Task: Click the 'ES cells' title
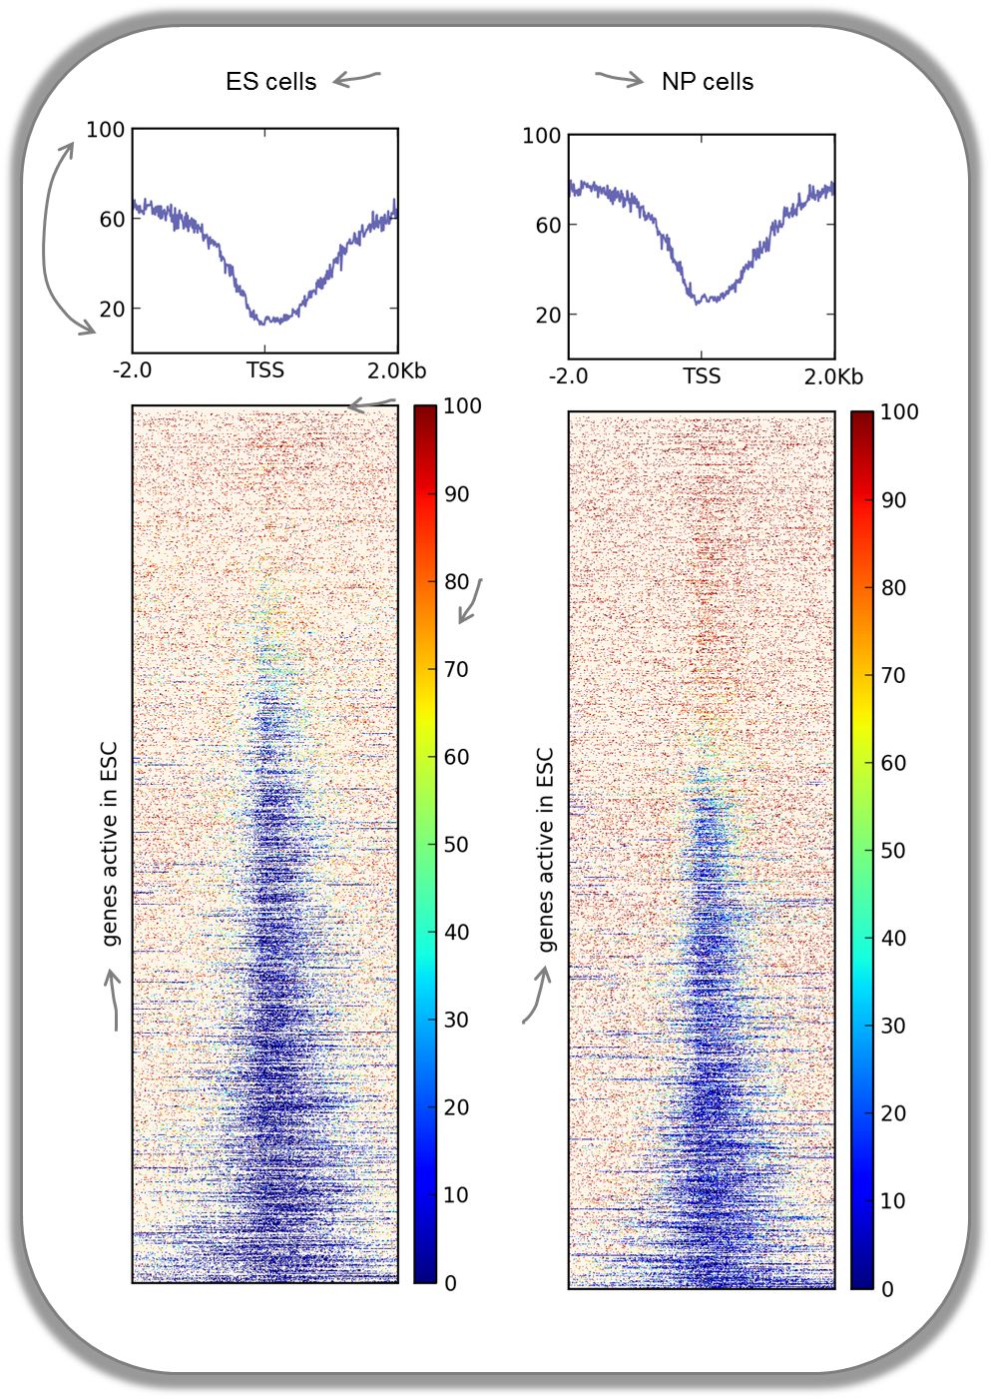tap(270, 82)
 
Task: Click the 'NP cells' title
tap(707, 82)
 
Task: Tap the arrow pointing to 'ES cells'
tap(356, 79)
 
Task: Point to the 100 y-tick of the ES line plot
tap(106, 130)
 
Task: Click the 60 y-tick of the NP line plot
tap(548, 226)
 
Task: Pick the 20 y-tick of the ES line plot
tap(112, 310)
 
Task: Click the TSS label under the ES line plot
tap(265, 370)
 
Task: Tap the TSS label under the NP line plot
tap(702, 376)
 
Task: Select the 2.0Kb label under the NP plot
tap(833, 376)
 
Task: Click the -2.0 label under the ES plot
tap(132, 370)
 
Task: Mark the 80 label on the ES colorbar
tap(456, 582)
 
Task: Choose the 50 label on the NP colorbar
tap(893, 851)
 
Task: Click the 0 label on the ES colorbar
tap(450, 1283)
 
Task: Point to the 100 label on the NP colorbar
tap(899, 412)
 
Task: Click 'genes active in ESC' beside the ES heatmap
tap(109, 844)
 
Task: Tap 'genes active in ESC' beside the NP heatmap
tap(545, 850)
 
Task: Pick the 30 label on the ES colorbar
tap(456, 1020)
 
